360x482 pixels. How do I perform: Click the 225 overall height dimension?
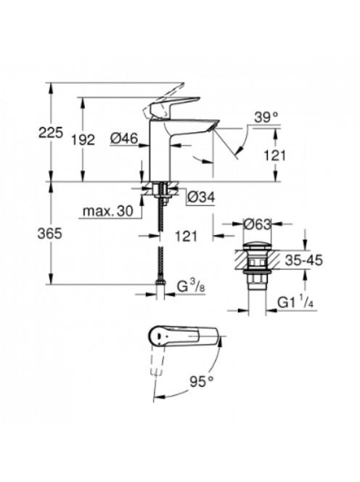(51, 132)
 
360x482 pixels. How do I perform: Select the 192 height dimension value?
(83, 140)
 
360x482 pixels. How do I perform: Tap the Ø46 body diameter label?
(124, 139)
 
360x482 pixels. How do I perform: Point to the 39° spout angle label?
(266, 118)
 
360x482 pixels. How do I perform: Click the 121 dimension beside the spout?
(275, 155)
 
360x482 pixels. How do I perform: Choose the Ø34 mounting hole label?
(201, 197)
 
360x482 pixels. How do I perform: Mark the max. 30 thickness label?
(108, 211)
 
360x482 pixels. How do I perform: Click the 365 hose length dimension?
(50, 234)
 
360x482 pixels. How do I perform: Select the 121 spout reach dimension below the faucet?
(186, 236)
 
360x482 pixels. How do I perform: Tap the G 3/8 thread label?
(191, 287)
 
